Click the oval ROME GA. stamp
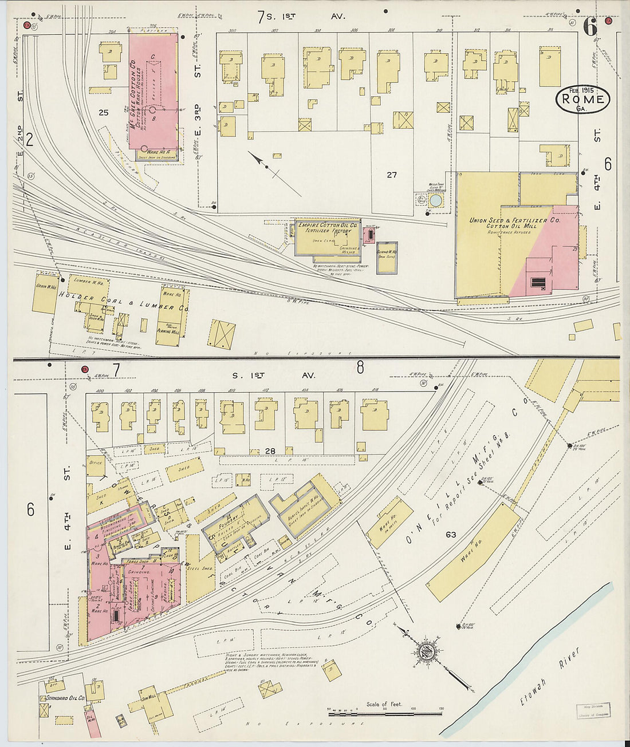tap(582, 99)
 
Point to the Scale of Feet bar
tap(384, 713)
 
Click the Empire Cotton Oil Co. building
tap(328, 238)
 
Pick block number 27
tap(391, 175)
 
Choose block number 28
tap(270, 451)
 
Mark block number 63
tap(451, 535)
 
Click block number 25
tap(103, 113)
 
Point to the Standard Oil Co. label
tap(66, 698)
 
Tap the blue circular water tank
tap(436, 200)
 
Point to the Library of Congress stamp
tap(593, 710)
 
